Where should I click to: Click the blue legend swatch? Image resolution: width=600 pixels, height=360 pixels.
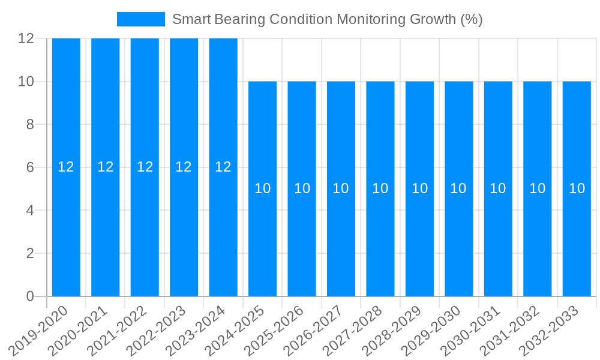[x=141, y=19]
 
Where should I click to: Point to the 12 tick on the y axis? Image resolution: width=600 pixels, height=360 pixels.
[x=26, y=38]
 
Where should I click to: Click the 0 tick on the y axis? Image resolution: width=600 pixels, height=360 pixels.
[x=30, y=296]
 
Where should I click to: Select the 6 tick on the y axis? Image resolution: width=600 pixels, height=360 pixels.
[x=30, y=167]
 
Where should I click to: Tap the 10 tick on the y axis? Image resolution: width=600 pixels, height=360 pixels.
[x=26, y=82]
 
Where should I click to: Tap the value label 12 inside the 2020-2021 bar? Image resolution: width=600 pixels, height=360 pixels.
[x=105, y=167]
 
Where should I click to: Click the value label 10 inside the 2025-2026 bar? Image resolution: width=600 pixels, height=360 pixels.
[x=302, y=188]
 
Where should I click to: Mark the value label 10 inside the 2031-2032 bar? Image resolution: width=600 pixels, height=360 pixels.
[x=537, y=188]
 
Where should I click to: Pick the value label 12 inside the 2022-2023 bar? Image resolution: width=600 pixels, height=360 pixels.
[x=184, y=167]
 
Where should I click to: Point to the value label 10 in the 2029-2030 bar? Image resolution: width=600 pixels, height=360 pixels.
[x=458, y=188]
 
